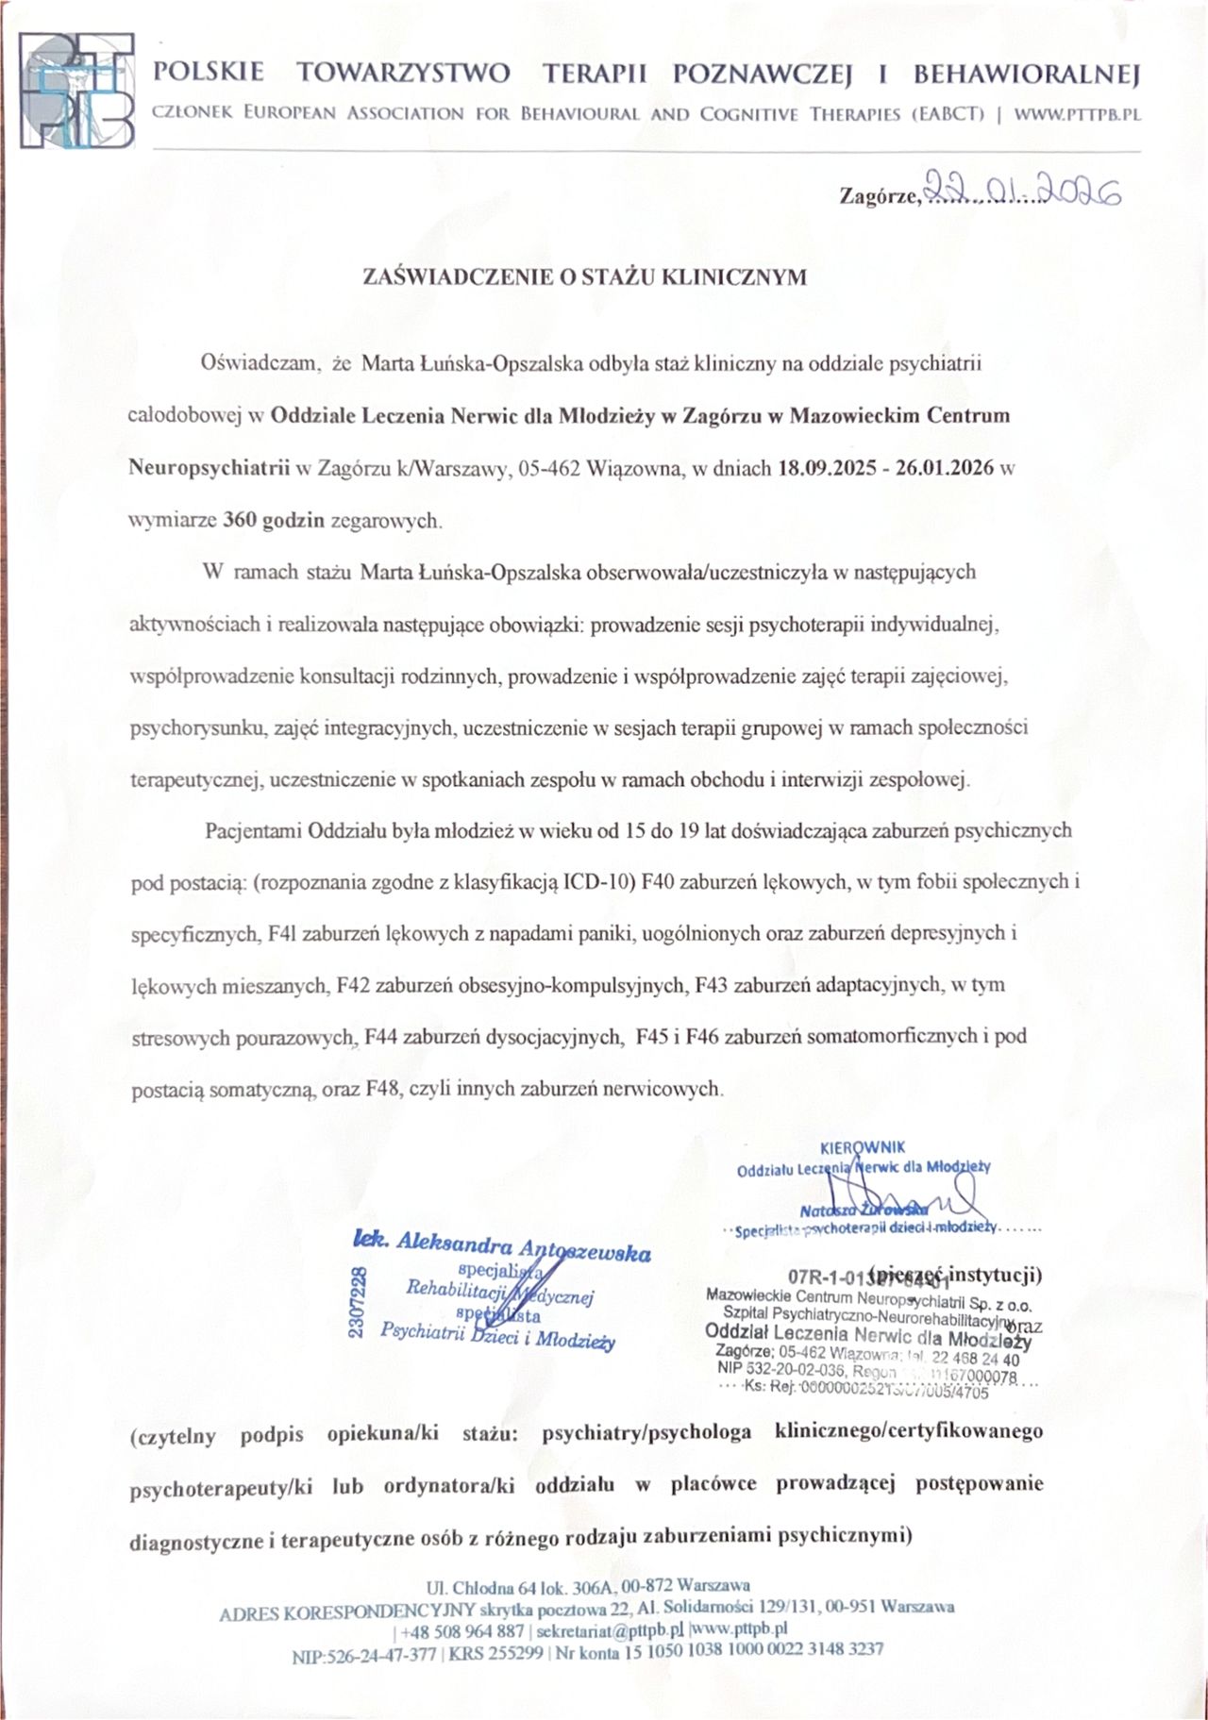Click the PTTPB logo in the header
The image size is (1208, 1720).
click(77, 92)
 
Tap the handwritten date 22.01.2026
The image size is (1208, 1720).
click(1023, 192)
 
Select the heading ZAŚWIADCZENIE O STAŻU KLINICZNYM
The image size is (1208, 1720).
click(585, 277)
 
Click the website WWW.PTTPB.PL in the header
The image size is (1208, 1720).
click(1077, 114)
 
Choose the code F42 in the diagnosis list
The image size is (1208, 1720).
click(352, 985)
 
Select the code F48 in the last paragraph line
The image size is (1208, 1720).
click(384, 1088)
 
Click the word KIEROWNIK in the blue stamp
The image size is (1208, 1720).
click(863, 1147)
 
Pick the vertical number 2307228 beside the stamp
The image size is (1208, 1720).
click(357, 1303)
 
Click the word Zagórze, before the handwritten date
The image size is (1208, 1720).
click(879, 196)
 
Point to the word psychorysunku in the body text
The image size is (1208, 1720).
click(185, 729)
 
